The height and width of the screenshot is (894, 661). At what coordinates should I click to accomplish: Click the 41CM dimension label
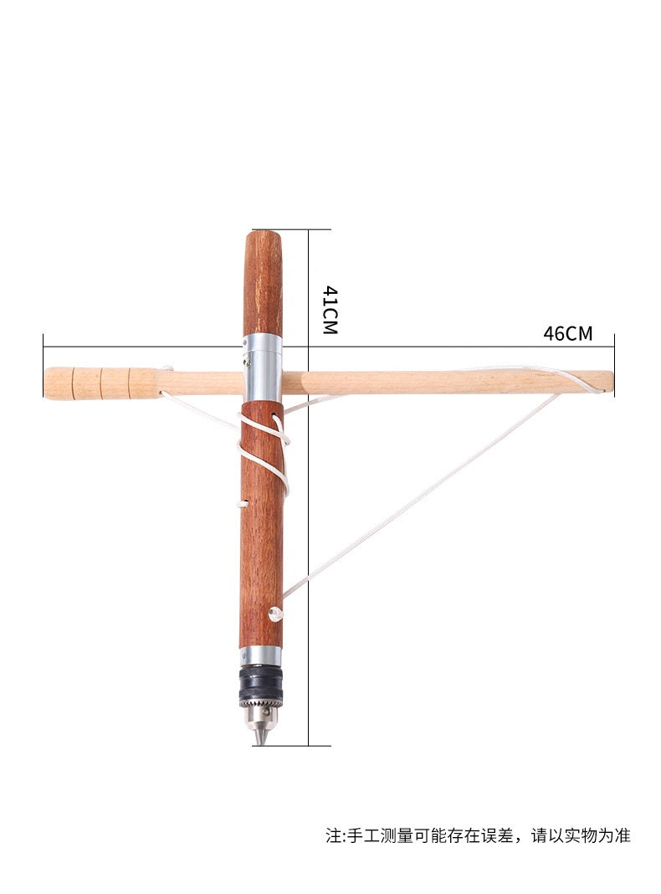330,310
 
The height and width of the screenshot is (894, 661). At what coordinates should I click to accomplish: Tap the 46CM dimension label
567,333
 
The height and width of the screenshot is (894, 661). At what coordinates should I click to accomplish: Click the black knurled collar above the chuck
260,677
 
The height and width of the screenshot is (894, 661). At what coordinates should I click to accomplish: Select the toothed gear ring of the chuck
260,696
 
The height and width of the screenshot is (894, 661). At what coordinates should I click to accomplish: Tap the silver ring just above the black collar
260,658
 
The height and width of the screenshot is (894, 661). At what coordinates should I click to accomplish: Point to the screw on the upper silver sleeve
247,362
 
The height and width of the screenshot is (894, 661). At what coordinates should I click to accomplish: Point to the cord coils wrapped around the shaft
266,452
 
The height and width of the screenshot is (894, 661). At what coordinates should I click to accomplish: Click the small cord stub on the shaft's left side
243,504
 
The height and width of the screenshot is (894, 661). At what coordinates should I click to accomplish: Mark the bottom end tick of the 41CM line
309,745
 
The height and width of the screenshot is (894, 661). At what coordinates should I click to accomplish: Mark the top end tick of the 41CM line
309,229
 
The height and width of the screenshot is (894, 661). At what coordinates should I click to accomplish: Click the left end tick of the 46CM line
43,346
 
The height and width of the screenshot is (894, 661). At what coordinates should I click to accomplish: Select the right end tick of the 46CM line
613,346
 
